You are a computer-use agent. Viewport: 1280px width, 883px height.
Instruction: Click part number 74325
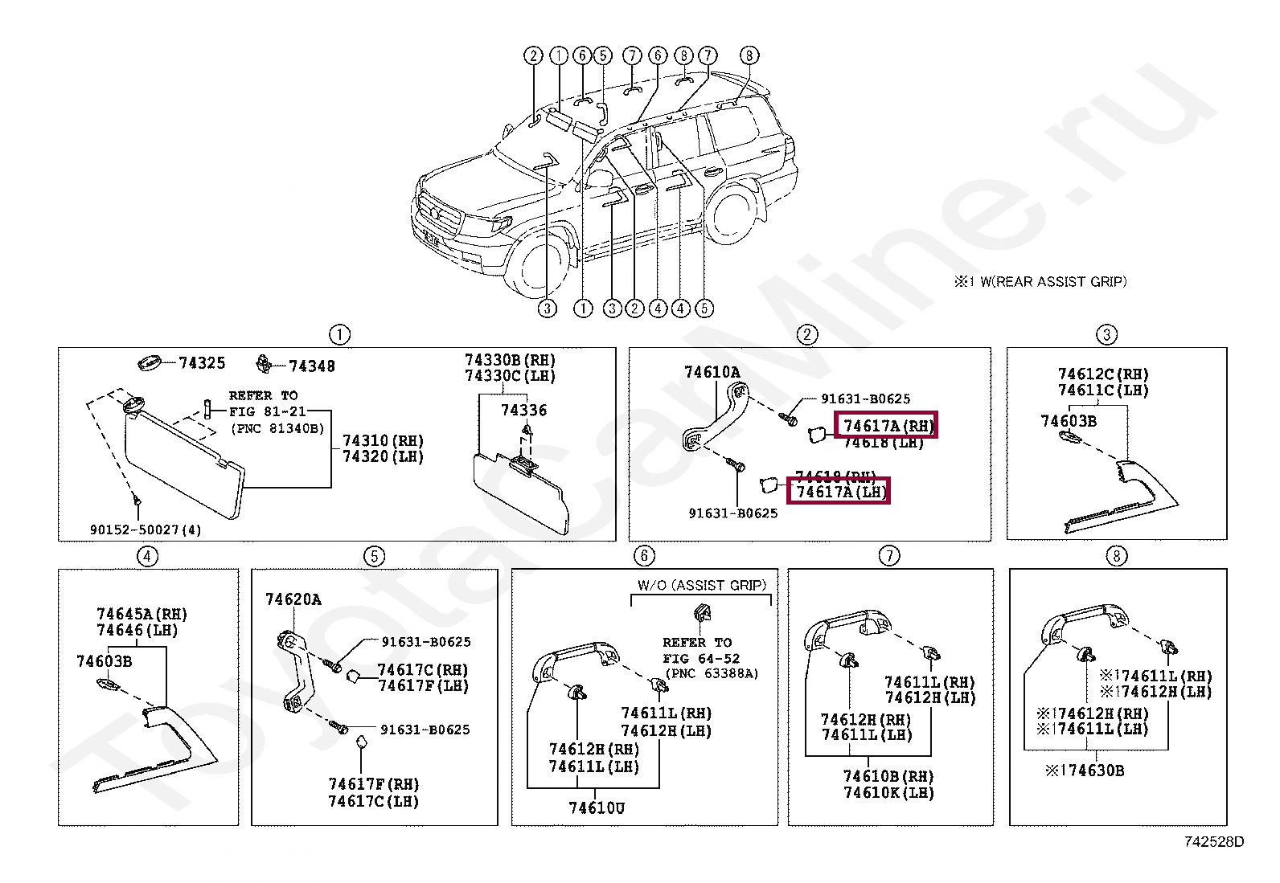coord(202,363)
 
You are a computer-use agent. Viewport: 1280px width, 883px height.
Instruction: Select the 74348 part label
coord(311,366)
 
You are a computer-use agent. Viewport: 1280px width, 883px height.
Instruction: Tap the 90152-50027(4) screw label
coord(146,529)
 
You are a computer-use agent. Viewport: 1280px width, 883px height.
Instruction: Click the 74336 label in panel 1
coord(523,411)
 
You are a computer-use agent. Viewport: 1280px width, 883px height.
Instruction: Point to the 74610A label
coord(712,372)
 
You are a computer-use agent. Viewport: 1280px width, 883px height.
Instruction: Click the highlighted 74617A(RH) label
coord(887,425)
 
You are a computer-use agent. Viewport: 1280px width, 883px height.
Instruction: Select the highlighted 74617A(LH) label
coord(839,492)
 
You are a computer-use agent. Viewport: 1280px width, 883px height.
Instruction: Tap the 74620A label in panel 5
coord(293,599)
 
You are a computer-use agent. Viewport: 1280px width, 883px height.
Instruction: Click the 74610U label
coord(596,807)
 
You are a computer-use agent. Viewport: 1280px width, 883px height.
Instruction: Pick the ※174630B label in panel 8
coord(1085,771)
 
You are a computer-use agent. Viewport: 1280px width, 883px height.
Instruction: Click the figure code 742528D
coord(1213,842)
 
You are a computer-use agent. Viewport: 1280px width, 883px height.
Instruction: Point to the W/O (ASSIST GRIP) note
coord(702,586)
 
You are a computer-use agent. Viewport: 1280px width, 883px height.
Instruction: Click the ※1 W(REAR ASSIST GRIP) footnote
coord(1040,282)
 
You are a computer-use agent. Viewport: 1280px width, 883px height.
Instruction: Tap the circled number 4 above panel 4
coord(147,556)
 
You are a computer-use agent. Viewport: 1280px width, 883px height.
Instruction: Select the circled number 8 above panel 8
coord(1116,556)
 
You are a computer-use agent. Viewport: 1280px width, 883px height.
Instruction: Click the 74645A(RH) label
coord(142,615)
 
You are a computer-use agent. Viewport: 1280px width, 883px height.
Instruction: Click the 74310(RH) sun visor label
coord(383,441)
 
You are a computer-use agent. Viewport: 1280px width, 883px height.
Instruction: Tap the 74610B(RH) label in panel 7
coord(888,776)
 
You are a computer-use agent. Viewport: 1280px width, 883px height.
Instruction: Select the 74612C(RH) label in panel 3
coord(1102,374)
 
